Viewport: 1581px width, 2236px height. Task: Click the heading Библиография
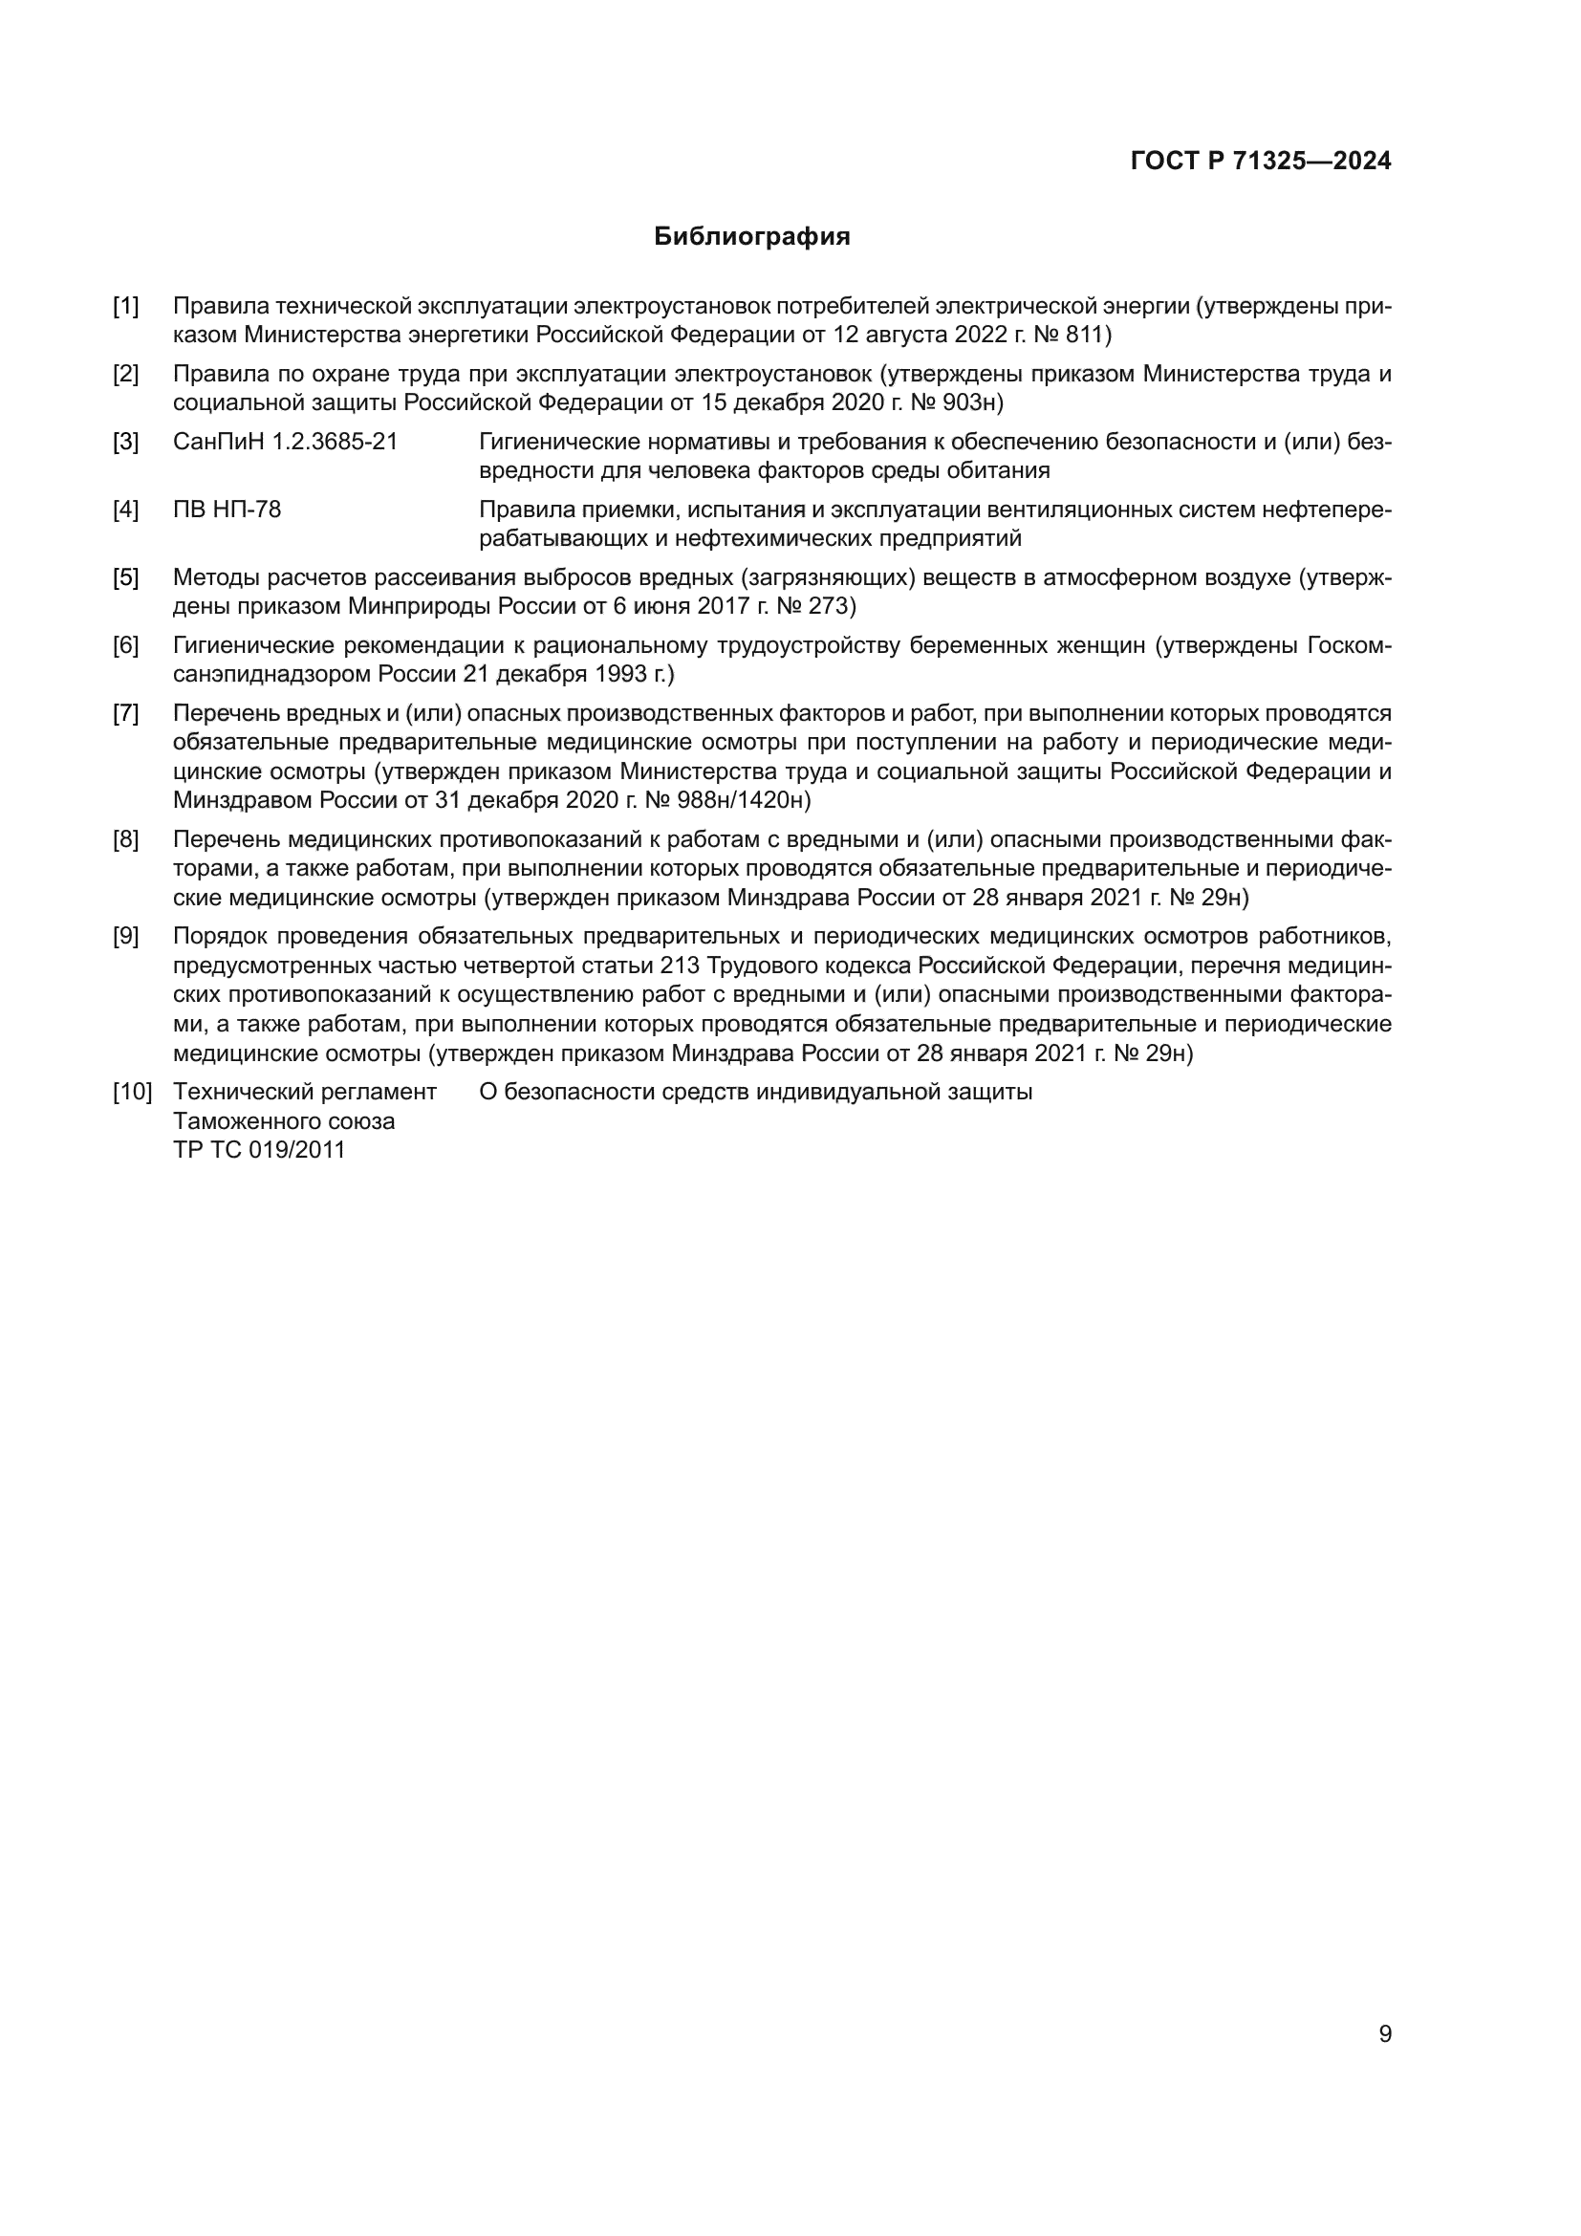pos(751,237)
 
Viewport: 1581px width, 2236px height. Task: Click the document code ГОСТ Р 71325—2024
pos(1261,162)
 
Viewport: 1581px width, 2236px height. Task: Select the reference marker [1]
pos(125,306)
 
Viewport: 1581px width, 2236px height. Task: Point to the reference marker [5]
pos(125,577)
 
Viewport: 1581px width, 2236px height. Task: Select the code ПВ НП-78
pos(227,510)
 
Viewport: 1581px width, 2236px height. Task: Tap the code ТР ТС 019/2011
pos(259,1150)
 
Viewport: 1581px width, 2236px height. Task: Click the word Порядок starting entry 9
pos(221,937)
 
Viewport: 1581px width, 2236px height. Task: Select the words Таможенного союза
pos(283,1121)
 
